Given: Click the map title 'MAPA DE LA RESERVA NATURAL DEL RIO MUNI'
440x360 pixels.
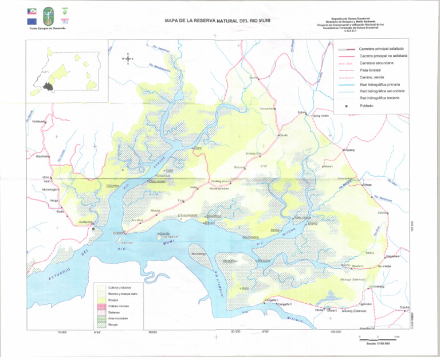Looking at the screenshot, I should pos(217,21).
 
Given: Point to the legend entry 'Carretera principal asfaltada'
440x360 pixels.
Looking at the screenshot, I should pos(383,49).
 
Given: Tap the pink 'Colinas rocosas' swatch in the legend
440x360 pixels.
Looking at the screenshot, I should pos(101,307).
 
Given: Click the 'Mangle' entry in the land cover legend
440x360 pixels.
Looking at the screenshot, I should pos(113,325).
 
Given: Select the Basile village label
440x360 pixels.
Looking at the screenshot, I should pos(284,135).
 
